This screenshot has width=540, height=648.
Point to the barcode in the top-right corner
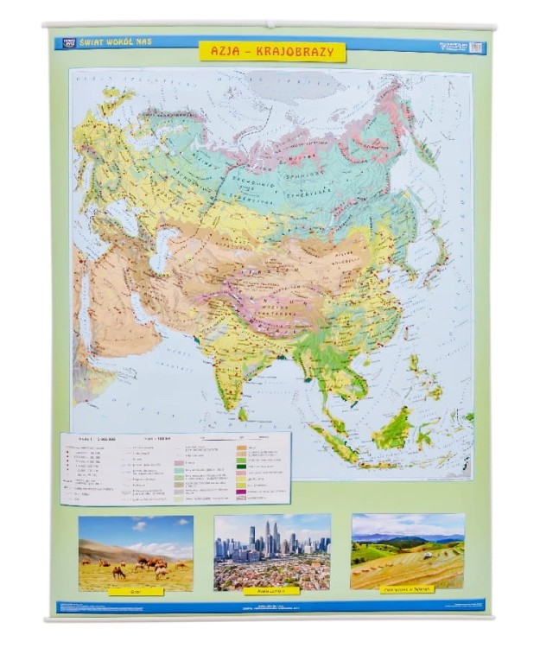tap(476, 48)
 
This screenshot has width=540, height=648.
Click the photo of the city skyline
tap(271, 551)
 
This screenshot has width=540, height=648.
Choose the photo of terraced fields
tap(407, 550)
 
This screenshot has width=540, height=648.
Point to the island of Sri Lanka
tap(244, 412)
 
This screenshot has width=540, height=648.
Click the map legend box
tap(176, 467)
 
